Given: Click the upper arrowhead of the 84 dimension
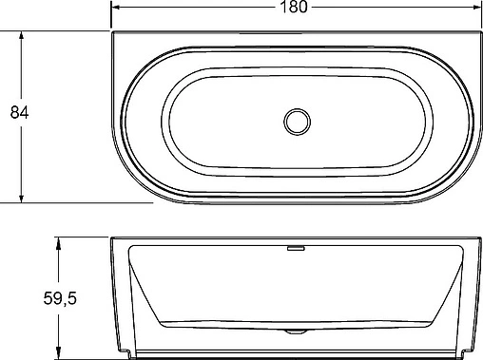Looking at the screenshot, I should click(x=21, y=37).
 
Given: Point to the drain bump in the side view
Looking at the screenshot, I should click(x=296, y=332).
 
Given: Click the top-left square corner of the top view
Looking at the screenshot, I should click(x=114, y=34).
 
